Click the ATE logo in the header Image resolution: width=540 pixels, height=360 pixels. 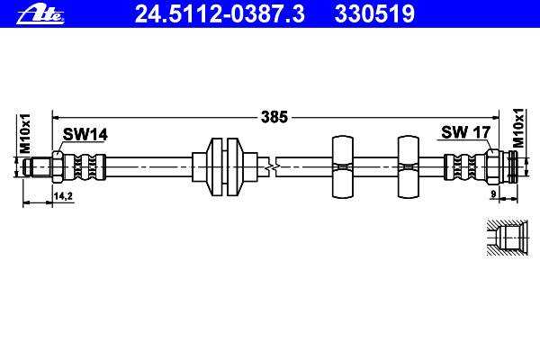point(40,15)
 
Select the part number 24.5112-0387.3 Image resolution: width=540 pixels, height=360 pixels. point(220,14)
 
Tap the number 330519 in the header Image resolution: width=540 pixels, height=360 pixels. point(374,14)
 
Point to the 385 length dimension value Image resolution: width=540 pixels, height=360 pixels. point(274,117)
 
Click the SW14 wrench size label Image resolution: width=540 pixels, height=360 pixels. point(85,134)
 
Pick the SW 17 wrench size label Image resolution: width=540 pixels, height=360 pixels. point(465,132)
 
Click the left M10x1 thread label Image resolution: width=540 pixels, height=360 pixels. point(25,134)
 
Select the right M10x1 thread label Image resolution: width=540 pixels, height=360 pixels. point(518,128)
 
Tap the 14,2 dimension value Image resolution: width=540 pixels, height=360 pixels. point(63,196)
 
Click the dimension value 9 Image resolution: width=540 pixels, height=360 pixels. point(493,194)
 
